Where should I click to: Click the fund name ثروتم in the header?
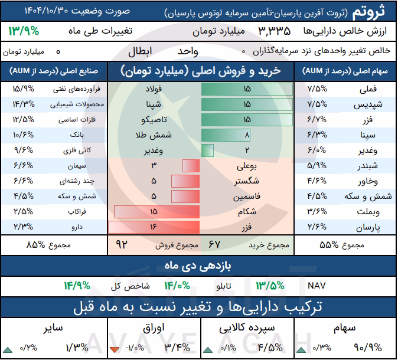(x=368, y=11)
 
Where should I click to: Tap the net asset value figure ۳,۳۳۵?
(x=275, y=31)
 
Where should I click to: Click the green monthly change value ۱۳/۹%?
(x=24, y=31)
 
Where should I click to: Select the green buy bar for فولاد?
(x=247, y=89)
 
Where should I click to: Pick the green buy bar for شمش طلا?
(x=226, y=135)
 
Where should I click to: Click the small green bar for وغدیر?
(x=207, y=150)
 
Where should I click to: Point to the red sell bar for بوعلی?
(x=191, y=166)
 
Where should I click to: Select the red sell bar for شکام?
(x=157, y=212)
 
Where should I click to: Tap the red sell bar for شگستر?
(x=185, y=181)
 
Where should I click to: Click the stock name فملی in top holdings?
(x=368, y=89)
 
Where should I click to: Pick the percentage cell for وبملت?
(x=317, y=211)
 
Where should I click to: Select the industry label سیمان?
(x=77, y=166)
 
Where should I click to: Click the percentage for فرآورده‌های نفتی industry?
(x=24, y=89)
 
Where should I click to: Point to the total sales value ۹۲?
(x=122, y=244)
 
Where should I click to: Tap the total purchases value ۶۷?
(x=214, y=244)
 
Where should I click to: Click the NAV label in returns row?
(x=317, y=286)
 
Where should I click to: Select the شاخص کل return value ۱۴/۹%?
(x=77, y=286)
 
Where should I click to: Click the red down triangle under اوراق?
(x=115, y=349)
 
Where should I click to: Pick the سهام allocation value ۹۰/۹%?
(x=368, y=348)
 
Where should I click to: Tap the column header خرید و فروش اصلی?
(x=201, y=71)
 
